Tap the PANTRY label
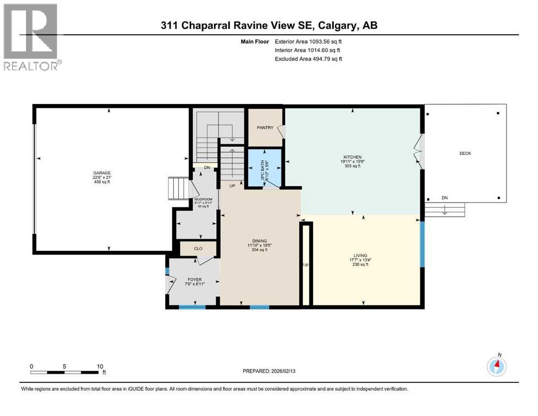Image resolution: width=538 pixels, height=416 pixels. tap(265, 128)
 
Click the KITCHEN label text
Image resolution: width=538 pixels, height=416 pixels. tap(352, 157)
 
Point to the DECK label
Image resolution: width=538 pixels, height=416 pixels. tap(465, 153)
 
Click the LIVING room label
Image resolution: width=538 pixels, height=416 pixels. tap(360, 255)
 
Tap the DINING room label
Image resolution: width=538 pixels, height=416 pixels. tap(260, 241)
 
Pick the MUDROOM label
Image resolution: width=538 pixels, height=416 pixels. tap(204, 200)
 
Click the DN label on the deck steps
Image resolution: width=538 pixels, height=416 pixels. tap(445, 198)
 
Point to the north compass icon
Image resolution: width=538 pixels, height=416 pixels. tap(496, 366)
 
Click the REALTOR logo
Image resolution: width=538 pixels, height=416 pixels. tap(31, 37)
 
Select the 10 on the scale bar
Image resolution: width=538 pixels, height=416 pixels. tap(100, 366)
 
